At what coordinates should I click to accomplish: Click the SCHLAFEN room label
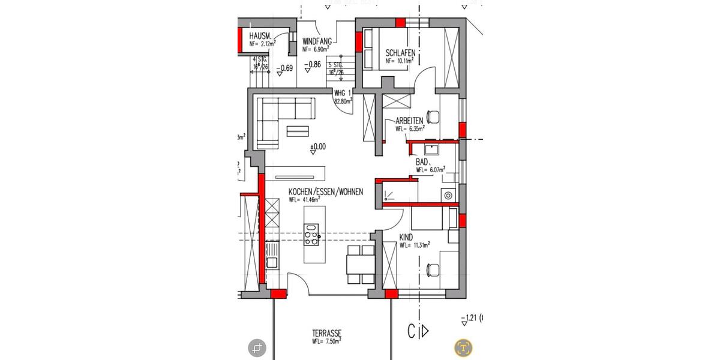click(400, 52)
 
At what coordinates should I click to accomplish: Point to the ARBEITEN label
click(410, 121)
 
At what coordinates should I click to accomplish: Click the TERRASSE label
click(327, 334)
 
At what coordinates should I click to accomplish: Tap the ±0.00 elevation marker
click(317, 146)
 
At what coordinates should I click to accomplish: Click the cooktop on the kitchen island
click(312, 235)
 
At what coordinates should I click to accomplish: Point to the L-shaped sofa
click(282, 120)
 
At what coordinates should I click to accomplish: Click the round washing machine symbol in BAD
click(447, 194)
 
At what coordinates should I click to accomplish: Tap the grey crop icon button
click(257, 347)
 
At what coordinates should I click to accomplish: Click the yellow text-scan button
click(463, 347)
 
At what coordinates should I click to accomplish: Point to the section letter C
click(412, 331)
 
